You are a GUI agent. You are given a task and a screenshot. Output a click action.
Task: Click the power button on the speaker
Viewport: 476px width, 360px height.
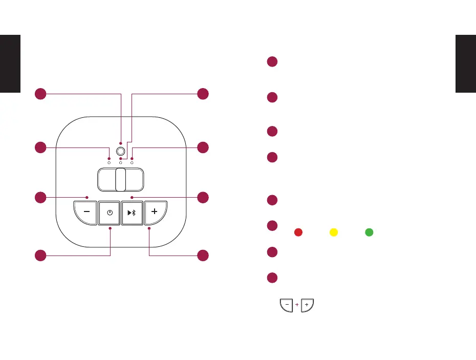(110, 213)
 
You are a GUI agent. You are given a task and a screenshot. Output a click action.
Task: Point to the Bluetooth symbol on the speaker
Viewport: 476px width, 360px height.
(135, 213)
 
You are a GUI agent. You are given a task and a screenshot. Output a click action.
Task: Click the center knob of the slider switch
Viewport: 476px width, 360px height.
(121, 180)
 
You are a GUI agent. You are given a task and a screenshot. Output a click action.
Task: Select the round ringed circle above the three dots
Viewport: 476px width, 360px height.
(121, 151)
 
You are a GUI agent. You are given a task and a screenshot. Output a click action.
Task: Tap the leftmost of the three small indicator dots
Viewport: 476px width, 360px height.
(109, 162)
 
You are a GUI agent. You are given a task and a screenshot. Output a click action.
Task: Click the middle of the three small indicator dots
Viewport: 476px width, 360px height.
(121, 162)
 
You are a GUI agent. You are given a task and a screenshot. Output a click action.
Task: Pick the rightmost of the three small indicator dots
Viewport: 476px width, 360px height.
(132, 162)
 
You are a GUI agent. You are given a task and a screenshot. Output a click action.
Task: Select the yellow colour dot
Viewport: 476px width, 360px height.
(333, 232)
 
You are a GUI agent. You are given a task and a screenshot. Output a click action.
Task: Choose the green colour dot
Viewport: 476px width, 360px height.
(369, 232)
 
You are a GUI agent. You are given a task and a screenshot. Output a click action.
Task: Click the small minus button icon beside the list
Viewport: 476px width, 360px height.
(287, 305)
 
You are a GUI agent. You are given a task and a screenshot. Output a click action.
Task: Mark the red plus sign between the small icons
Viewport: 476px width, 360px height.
(297, 305)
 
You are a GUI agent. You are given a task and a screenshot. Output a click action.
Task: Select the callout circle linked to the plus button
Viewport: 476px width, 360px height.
(203, 255)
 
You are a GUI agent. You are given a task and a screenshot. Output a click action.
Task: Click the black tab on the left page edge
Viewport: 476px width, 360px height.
(10, 63)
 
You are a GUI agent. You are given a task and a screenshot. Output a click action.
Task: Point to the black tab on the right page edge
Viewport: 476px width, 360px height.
(466, 63)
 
